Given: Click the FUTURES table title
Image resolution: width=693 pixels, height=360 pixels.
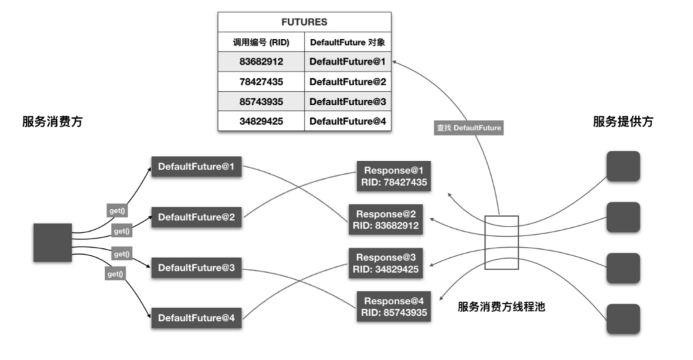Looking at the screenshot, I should tap(305, 22).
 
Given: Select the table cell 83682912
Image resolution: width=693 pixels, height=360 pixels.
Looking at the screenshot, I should tap(261, 62).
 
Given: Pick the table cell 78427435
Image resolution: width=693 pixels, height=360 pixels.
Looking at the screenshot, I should tap(261, 82).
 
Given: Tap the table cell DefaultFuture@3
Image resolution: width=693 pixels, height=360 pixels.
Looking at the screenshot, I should tap(347, 101).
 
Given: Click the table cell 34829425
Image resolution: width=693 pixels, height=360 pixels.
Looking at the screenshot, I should tap(261, 121).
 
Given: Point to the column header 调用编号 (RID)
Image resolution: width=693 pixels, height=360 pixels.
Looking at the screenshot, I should tap(261, 42).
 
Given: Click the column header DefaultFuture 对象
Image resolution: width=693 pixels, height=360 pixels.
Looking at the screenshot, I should tap(347, 42).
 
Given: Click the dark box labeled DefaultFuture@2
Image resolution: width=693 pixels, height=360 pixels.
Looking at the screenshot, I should tap(196, 217).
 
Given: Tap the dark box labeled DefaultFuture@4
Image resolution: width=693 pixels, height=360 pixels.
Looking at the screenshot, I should tap(196, 318).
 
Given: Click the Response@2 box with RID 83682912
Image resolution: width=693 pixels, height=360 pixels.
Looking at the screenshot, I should tap(386, 219).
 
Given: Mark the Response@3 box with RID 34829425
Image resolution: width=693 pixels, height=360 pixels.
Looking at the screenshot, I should tap(386, 263).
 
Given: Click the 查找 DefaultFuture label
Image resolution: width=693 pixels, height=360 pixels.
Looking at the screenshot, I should tap(468, 128).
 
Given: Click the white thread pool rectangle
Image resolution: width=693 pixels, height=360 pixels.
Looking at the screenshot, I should tap(501, 243).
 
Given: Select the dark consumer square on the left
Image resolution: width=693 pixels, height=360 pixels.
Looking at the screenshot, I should tap(53, 243).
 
